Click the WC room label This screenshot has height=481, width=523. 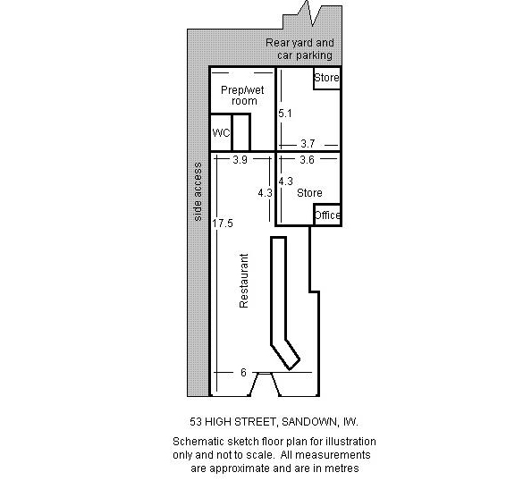pos(221,132)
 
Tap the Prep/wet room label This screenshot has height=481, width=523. pos(242,96)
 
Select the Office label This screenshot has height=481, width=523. pos(327,215)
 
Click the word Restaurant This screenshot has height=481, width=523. pos(244,281)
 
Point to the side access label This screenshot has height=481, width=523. pos(198,192)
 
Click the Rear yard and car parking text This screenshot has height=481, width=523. pos(299,49)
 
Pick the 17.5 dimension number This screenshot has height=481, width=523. pos(223,224)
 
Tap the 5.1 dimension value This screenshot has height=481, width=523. pos(285,114)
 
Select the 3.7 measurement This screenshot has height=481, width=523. pos(308,144)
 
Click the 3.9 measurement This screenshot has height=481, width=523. pos(240,160)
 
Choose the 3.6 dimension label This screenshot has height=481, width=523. pos(307,160)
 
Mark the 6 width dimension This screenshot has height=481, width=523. pos(243,372)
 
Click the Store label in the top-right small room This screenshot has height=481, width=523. pos(327,78)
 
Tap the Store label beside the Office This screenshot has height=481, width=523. pos(309,193)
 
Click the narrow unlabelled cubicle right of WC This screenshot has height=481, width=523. pos(240,132)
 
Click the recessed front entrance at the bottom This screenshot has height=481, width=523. pos(264,384)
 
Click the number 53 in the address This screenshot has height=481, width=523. pos(196,422)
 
